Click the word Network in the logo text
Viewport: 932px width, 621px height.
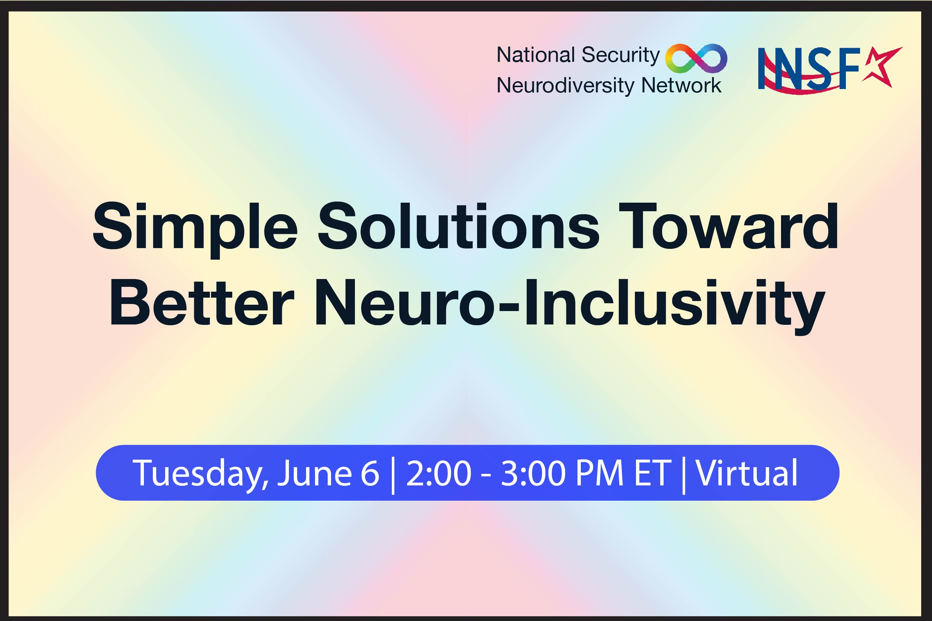click(681, 85)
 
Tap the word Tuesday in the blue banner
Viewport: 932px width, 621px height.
click(200, 474)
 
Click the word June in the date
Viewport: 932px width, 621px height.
click(314, 474)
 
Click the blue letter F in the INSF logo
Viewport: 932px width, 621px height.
click(850, 68)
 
